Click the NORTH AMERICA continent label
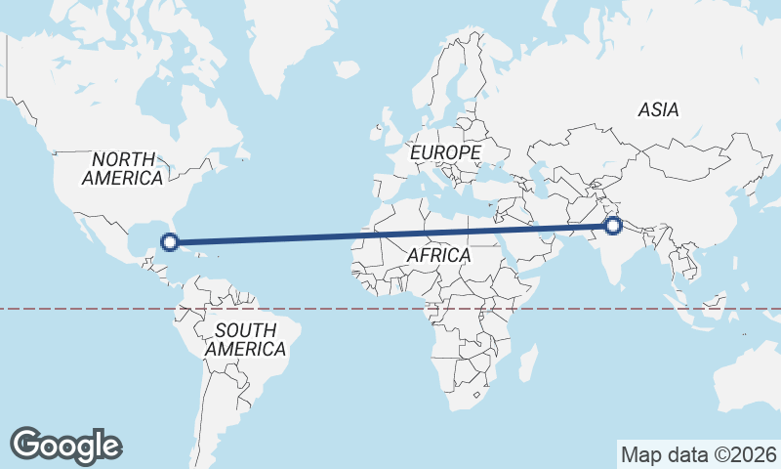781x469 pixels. (x=123, y=168)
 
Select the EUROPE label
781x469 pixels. (x=445, y=153)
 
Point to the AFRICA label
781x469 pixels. (x=438, y=255)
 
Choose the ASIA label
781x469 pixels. (x=659, y=109)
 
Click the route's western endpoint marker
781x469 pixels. (x=169, y=241)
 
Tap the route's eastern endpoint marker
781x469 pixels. (x=613, y=226)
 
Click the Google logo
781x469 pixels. (x=66, y=445)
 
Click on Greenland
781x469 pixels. (x=293, y=29)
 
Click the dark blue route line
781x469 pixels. (x=390, y=234)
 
